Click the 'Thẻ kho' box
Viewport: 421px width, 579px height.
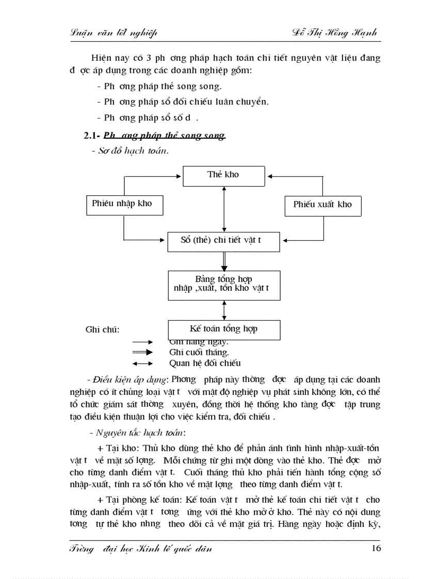223,175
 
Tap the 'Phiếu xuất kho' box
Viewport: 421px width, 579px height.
322,205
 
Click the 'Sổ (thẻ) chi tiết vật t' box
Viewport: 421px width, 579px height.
223,240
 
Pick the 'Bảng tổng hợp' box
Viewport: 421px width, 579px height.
223,285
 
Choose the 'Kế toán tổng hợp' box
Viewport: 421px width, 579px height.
224,329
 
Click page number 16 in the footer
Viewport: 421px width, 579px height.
376,548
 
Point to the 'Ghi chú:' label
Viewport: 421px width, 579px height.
103,330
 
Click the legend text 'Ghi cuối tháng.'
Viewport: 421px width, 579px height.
199,352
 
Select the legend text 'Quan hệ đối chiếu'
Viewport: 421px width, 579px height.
205,363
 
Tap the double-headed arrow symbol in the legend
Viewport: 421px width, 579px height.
142,363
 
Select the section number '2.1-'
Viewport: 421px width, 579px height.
92,137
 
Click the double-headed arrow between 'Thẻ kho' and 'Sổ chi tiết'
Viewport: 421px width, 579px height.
224,209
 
